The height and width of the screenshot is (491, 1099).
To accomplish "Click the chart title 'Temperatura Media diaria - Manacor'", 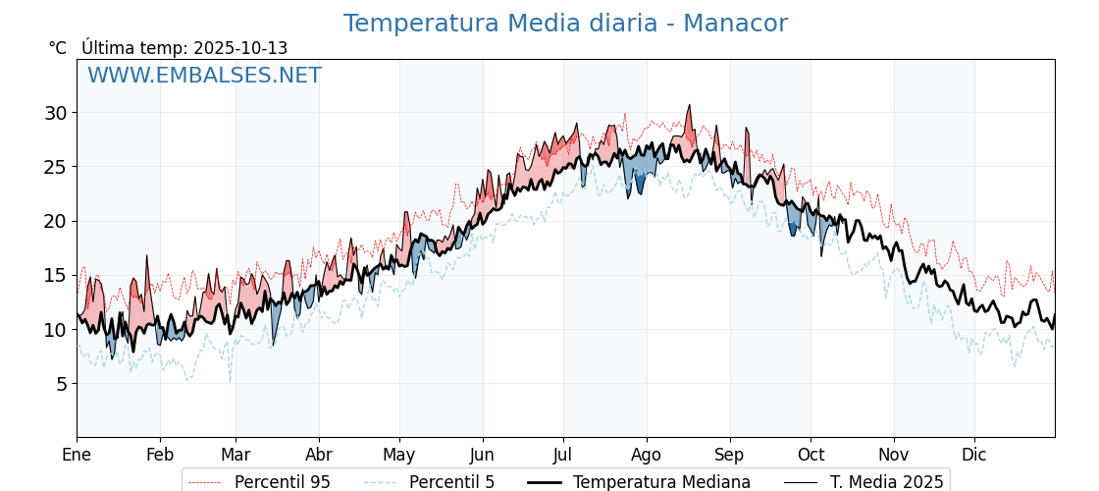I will point(565,24).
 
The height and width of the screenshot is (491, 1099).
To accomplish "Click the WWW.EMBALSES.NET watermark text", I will point(204,76).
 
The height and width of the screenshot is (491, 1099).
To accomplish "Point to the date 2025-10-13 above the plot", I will point(240,48).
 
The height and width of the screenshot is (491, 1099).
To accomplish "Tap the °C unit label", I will point(58,48).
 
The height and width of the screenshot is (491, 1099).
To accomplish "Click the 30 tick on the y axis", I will point(55,113).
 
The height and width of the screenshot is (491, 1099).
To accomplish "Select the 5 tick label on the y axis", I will point(61,384).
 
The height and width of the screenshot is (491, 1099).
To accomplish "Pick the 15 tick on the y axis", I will point(55,275).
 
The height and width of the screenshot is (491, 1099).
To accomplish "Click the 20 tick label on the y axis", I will point(55,221).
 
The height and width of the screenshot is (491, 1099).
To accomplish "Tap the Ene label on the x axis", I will point(77,455).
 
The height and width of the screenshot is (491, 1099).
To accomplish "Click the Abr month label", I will point(319,455).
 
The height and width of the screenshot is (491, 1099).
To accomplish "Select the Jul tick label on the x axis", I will point(563,455).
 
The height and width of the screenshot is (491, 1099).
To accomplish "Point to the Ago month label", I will point(647,455).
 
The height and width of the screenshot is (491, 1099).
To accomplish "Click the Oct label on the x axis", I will point(811,455).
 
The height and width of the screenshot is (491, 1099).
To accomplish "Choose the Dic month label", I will point(974,455).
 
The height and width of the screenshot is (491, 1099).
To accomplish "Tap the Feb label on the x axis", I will point(160,455).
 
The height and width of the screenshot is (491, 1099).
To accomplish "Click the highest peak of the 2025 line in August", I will point(690,105).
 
